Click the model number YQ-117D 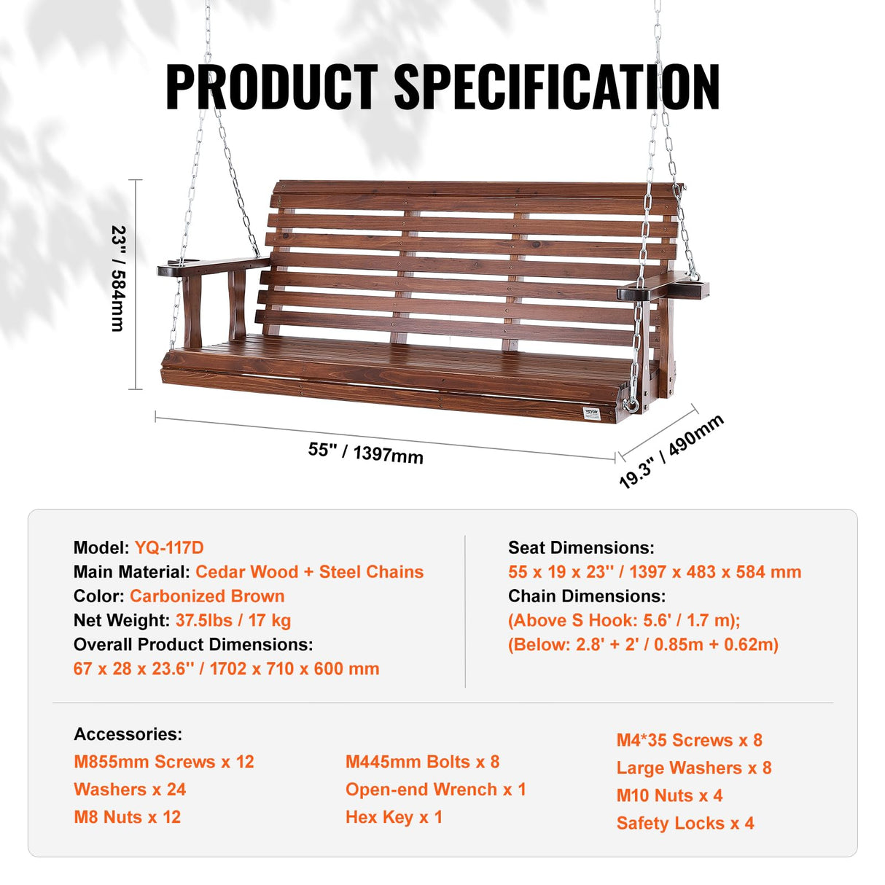[x=169, y=547]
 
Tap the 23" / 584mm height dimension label [x=118, y=279]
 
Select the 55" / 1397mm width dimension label [x=365, y=452]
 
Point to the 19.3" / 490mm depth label [x=671, y=450]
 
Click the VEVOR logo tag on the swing [x=591, y=413]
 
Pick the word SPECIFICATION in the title [x=557, y=87]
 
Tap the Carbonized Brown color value [x=207, y=596]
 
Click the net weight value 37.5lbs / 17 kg [x=233, y=620]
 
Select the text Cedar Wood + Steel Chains [x=309, y=572]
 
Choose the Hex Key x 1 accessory [x=394, y=817]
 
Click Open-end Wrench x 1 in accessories [x=435, y=790]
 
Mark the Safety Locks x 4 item [x=685, y=823]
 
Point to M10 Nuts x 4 [x=669, y=795]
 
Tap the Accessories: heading [x=128, y=734]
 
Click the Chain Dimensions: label [x=586, y=596]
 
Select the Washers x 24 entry [x=130, y=790]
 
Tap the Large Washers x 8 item [x=693, y=768]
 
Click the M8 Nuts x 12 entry [x=127, y=817]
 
